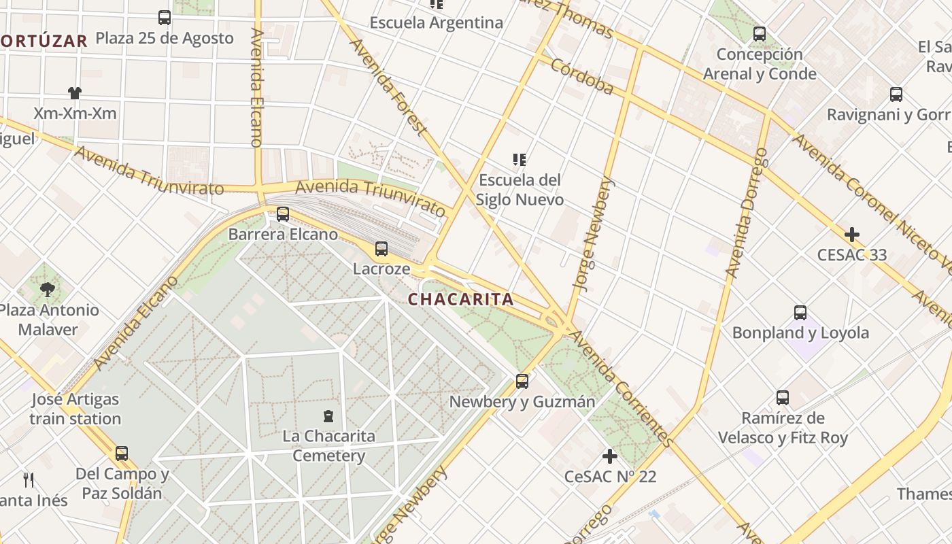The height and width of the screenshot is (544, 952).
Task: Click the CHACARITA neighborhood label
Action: [x=460, y=299]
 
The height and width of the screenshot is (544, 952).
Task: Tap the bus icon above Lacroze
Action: [x=381, y=249]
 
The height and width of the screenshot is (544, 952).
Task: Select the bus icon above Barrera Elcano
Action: [x=283, y=214]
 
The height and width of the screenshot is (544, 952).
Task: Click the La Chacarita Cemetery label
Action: [x=328, y=445]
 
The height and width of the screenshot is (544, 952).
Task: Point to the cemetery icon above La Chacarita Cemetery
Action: [x=329, y=415]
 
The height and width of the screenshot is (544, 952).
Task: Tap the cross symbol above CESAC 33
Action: [x=851, y=235]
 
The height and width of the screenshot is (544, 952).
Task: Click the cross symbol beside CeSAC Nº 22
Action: [x=610, y=456]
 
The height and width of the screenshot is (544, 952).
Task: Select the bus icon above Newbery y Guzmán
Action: [x=522, y=381]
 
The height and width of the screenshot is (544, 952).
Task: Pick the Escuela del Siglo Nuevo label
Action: [x=520, y=190]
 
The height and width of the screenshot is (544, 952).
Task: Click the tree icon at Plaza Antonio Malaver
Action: [x=47, y=290]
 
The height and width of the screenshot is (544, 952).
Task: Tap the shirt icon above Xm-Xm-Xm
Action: [x=75, y=93]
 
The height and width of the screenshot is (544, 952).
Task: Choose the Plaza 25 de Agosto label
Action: [x=165, y=38]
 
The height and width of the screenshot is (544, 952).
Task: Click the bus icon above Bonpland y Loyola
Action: [x=800, y=313]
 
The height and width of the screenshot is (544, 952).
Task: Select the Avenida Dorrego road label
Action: [x=747, y=212]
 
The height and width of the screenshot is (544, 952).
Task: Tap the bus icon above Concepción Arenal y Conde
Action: [x=760, y=34]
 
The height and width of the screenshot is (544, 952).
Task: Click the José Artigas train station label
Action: [x=75, y=409]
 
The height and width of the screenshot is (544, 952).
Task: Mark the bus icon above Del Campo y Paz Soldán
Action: [x=122, y=453]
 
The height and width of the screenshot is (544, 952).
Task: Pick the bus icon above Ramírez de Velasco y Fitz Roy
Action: [x=783, y=398]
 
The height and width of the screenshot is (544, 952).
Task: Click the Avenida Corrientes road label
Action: [x=622, y=388]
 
